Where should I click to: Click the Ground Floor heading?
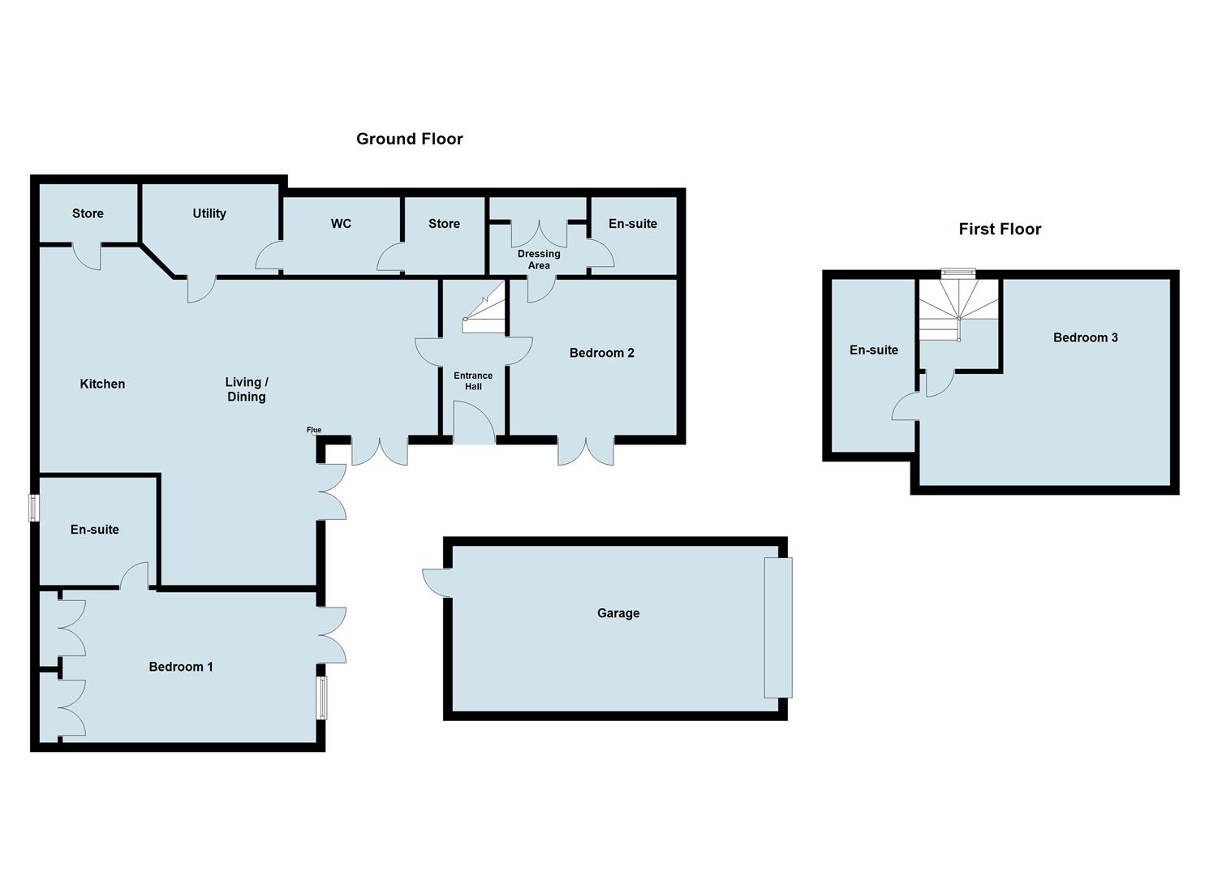(410, 139)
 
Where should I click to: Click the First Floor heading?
(1000, 229)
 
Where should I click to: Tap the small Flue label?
(314, 430)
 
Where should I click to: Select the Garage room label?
(618, 613)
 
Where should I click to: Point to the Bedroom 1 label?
(181, 667)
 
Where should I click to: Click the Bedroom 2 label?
(601, 353)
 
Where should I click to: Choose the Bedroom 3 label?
(1085, 337)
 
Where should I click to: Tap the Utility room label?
(209, 213)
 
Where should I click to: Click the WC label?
(341, 224)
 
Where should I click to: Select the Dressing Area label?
(539, 260)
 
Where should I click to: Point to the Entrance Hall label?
(473, 380)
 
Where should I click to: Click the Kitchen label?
(102, 384)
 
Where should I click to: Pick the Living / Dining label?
(247, 389)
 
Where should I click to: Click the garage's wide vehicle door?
(778, 628)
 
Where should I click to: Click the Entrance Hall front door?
(474, 423)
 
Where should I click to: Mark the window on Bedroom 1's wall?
(321, 698)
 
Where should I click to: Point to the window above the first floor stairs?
(958, 273)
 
